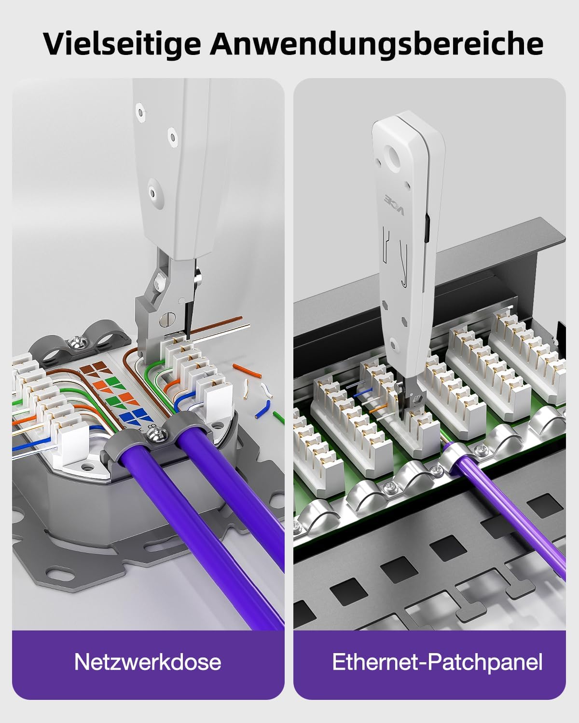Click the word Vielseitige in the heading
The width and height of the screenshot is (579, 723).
click(x=123, y=44)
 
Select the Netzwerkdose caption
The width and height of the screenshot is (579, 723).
click(x=148, y=662)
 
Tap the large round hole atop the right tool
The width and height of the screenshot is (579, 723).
click(x=394, y=155)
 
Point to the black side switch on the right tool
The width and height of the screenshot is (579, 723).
click(x=427, y=229)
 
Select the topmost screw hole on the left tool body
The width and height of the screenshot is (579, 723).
click(x=140, y=110)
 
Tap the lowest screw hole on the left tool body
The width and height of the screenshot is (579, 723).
click(x=153, y=194)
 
